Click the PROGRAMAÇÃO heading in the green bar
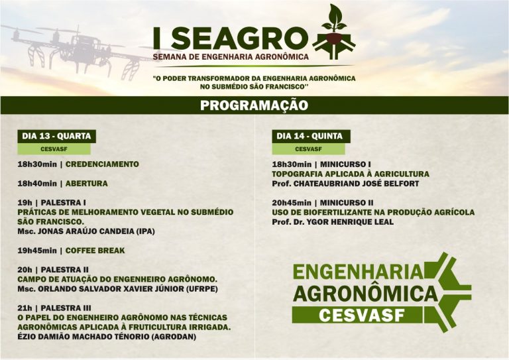click(254, 105)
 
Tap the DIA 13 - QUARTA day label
click(56, 136)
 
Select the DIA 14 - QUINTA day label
click(310, 136)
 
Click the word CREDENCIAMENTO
click(102, 164)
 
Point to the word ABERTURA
click(87, 184)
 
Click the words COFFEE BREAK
click(95, 251)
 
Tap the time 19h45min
click(37, 251)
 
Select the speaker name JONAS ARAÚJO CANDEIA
click(86, 231)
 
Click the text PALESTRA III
click(66, 308)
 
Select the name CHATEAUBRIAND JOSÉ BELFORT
click(356, 184)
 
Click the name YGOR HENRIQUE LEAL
click(350, 222)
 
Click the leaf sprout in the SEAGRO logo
click(334, 19)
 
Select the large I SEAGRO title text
click(231, 38)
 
